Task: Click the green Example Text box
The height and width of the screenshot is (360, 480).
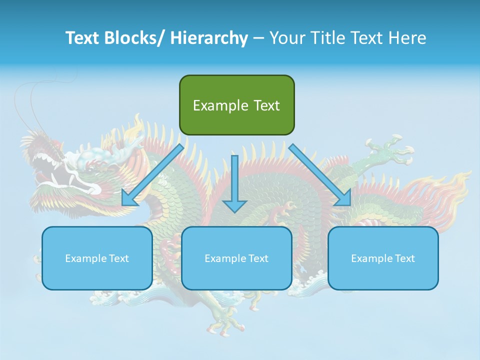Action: click(236, 105)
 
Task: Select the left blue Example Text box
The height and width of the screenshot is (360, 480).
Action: click(97, 258)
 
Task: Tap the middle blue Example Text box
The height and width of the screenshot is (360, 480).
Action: click(236, 258)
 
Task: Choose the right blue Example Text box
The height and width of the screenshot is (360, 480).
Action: click(383, 258)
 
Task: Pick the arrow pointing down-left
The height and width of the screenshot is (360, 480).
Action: click(152, 175)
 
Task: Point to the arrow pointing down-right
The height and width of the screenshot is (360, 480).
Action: click(320, 175)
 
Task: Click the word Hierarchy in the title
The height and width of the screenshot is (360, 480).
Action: click(209, 38)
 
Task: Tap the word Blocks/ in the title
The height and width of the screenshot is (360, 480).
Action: click(137, 38)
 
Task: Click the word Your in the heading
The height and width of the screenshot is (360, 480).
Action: click(286, 38)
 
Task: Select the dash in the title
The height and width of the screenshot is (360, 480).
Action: click(258, 38)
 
